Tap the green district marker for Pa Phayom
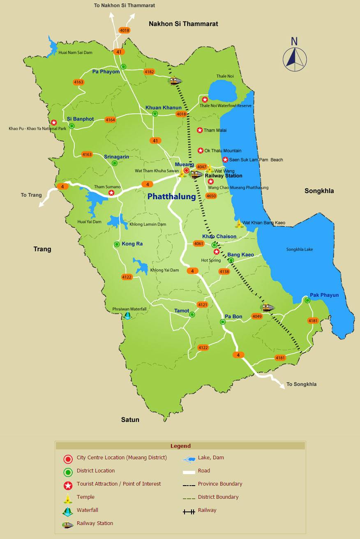123,67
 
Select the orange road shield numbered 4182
149,72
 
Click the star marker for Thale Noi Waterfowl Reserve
205,99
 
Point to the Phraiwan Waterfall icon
127,316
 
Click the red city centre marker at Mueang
186,170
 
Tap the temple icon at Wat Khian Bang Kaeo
239,224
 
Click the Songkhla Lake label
300,249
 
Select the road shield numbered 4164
110,120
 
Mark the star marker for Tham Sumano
111,192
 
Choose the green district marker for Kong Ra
117,244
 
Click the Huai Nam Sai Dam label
75,53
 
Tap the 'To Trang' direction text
31,195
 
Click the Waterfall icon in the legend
68,512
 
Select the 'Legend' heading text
180,446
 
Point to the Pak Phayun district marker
307,300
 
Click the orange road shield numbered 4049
257,316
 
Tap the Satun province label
130,419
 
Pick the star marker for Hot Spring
217,252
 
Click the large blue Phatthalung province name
171,196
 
